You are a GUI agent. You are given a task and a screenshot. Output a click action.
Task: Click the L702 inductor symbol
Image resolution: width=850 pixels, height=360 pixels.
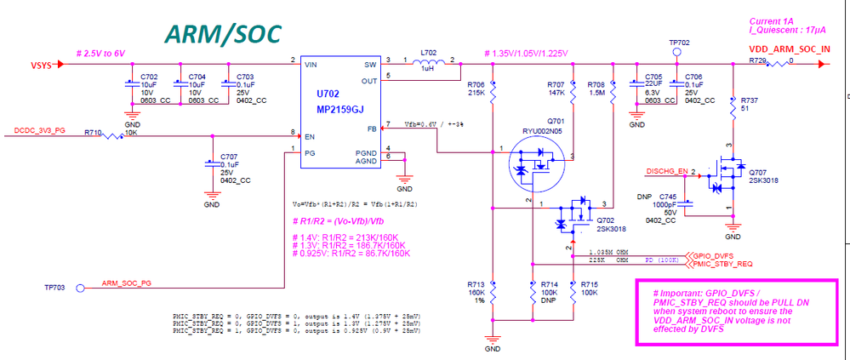pyautogui.click(x=431, y=63)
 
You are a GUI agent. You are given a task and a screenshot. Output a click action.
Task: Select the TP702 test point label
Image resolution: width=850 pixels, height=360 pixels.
pyautogui.click(x=679, y=41)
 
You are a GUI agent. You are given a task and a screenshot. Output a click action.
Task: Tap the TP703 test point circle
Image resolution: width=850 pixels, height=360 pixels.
pyautogui.click(x=81, y=288)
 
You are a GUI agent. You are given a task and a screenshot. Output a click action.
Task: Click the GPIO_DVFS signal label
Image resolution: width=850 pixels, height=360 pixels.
pyautogui.click(x=712, y=255)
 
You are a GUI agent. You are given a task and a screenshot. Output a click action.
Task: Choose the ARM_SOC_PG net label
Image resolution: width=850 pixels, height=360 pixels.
pyautogui.click(x=127, y=283)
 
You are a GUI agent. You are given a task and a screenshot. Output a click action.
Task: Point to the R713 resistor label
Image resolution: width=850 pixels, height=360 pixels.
pyautogui.click(x=476, y=283)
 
